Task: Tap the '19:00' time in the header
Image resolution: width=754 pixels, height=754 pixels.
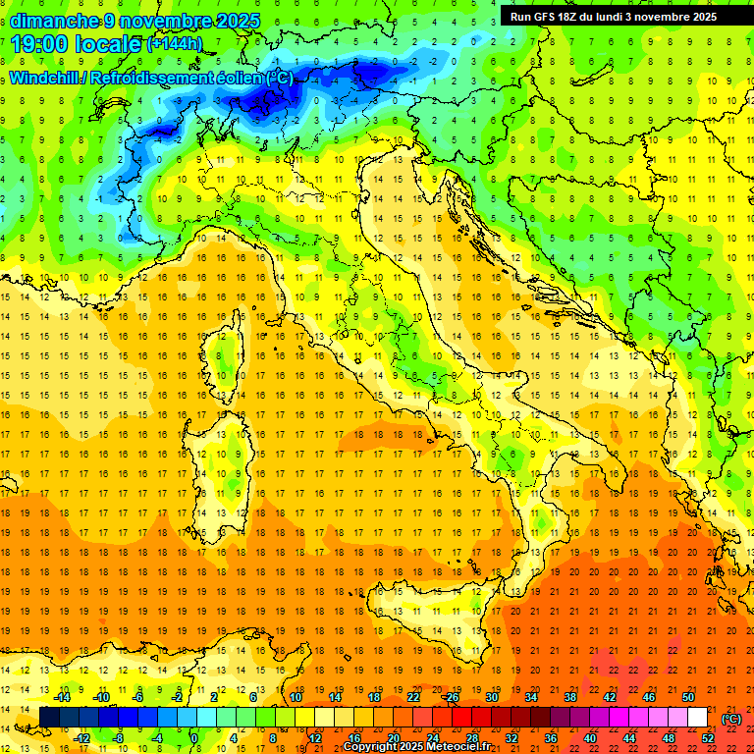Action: (40, 44)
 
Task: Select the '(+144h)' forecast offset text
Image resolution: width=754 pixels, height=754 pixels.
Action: (175, 44)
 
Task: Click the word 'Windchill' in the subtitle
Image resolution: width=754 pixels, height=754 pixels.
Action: (42, 78)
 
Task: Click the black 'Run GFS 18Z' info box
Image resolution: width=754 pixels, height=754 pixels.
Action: (614, 16)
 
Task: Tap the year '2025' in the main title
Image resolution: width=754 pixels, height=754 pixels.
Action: (238, 21)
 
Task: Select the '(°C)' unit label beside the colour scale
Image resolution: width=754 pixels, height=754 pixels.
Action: (731, 719)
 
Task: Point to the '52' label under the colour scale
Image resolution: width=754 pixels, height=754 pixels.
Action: (708, 738)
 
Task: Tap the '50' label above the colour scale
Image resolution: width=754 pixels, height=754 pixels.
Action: (688, 697)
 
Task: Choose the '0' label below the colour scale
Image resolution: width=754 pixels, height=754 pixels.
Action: (195, 738)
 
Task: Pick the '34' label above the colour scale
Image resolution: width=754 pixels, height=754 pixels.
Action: (531, 697)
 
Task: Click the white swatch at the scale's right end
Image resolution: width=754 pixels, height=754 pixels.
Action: (698, 718)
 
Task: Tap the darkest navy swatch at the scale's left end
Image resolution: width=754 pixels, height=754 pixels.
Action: (49, 718)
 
